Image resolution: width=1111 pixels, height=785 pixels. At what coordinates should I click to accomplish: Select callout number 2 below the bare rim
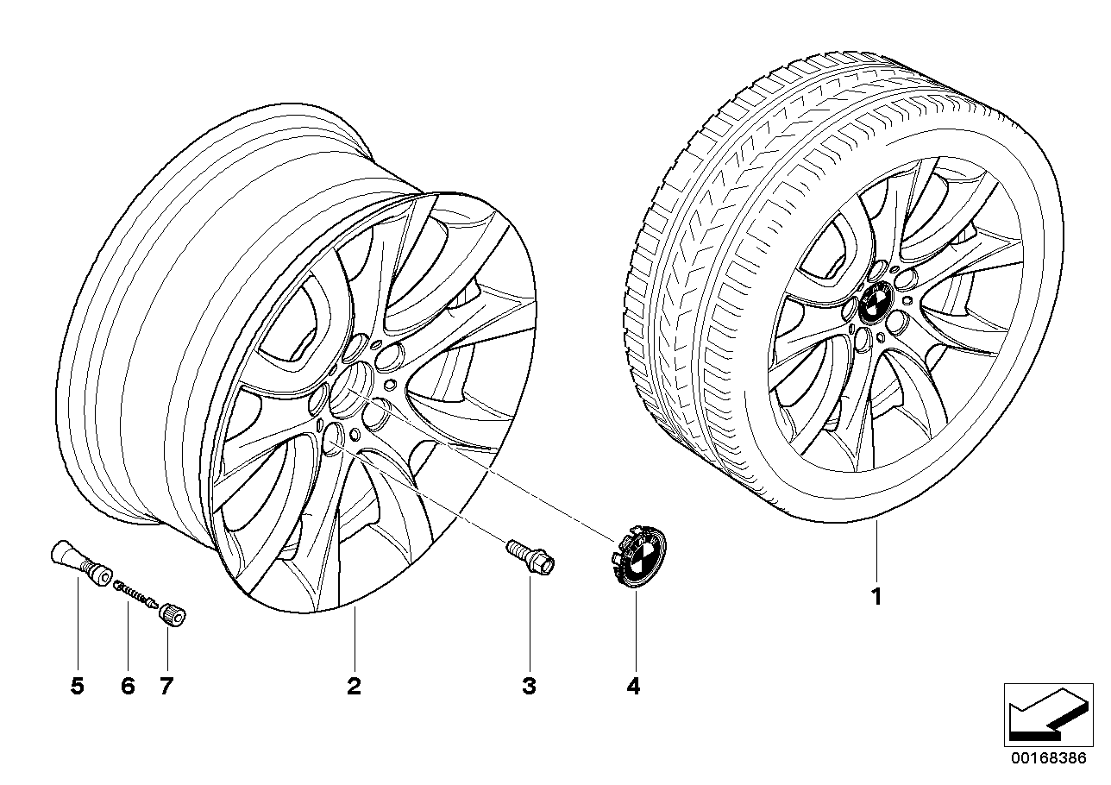click(x=354, y=687)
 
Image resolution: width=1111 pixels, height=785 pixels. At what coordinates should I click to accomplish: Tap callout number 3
click(x=529, y=687)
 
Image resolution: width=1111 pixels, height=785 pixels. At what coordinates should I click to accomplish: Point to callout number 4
click(x=633, y=687)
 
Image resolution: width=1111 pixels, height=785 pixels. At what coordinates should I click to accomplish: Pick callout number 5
click(x=78, y=687)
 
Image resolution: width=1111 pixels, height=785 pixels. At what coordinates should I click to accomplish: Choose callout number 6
click(x=128, y=687)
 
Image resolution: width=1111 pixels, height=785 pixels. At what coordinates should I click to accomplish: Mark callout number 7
click(x=166, y=687)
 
